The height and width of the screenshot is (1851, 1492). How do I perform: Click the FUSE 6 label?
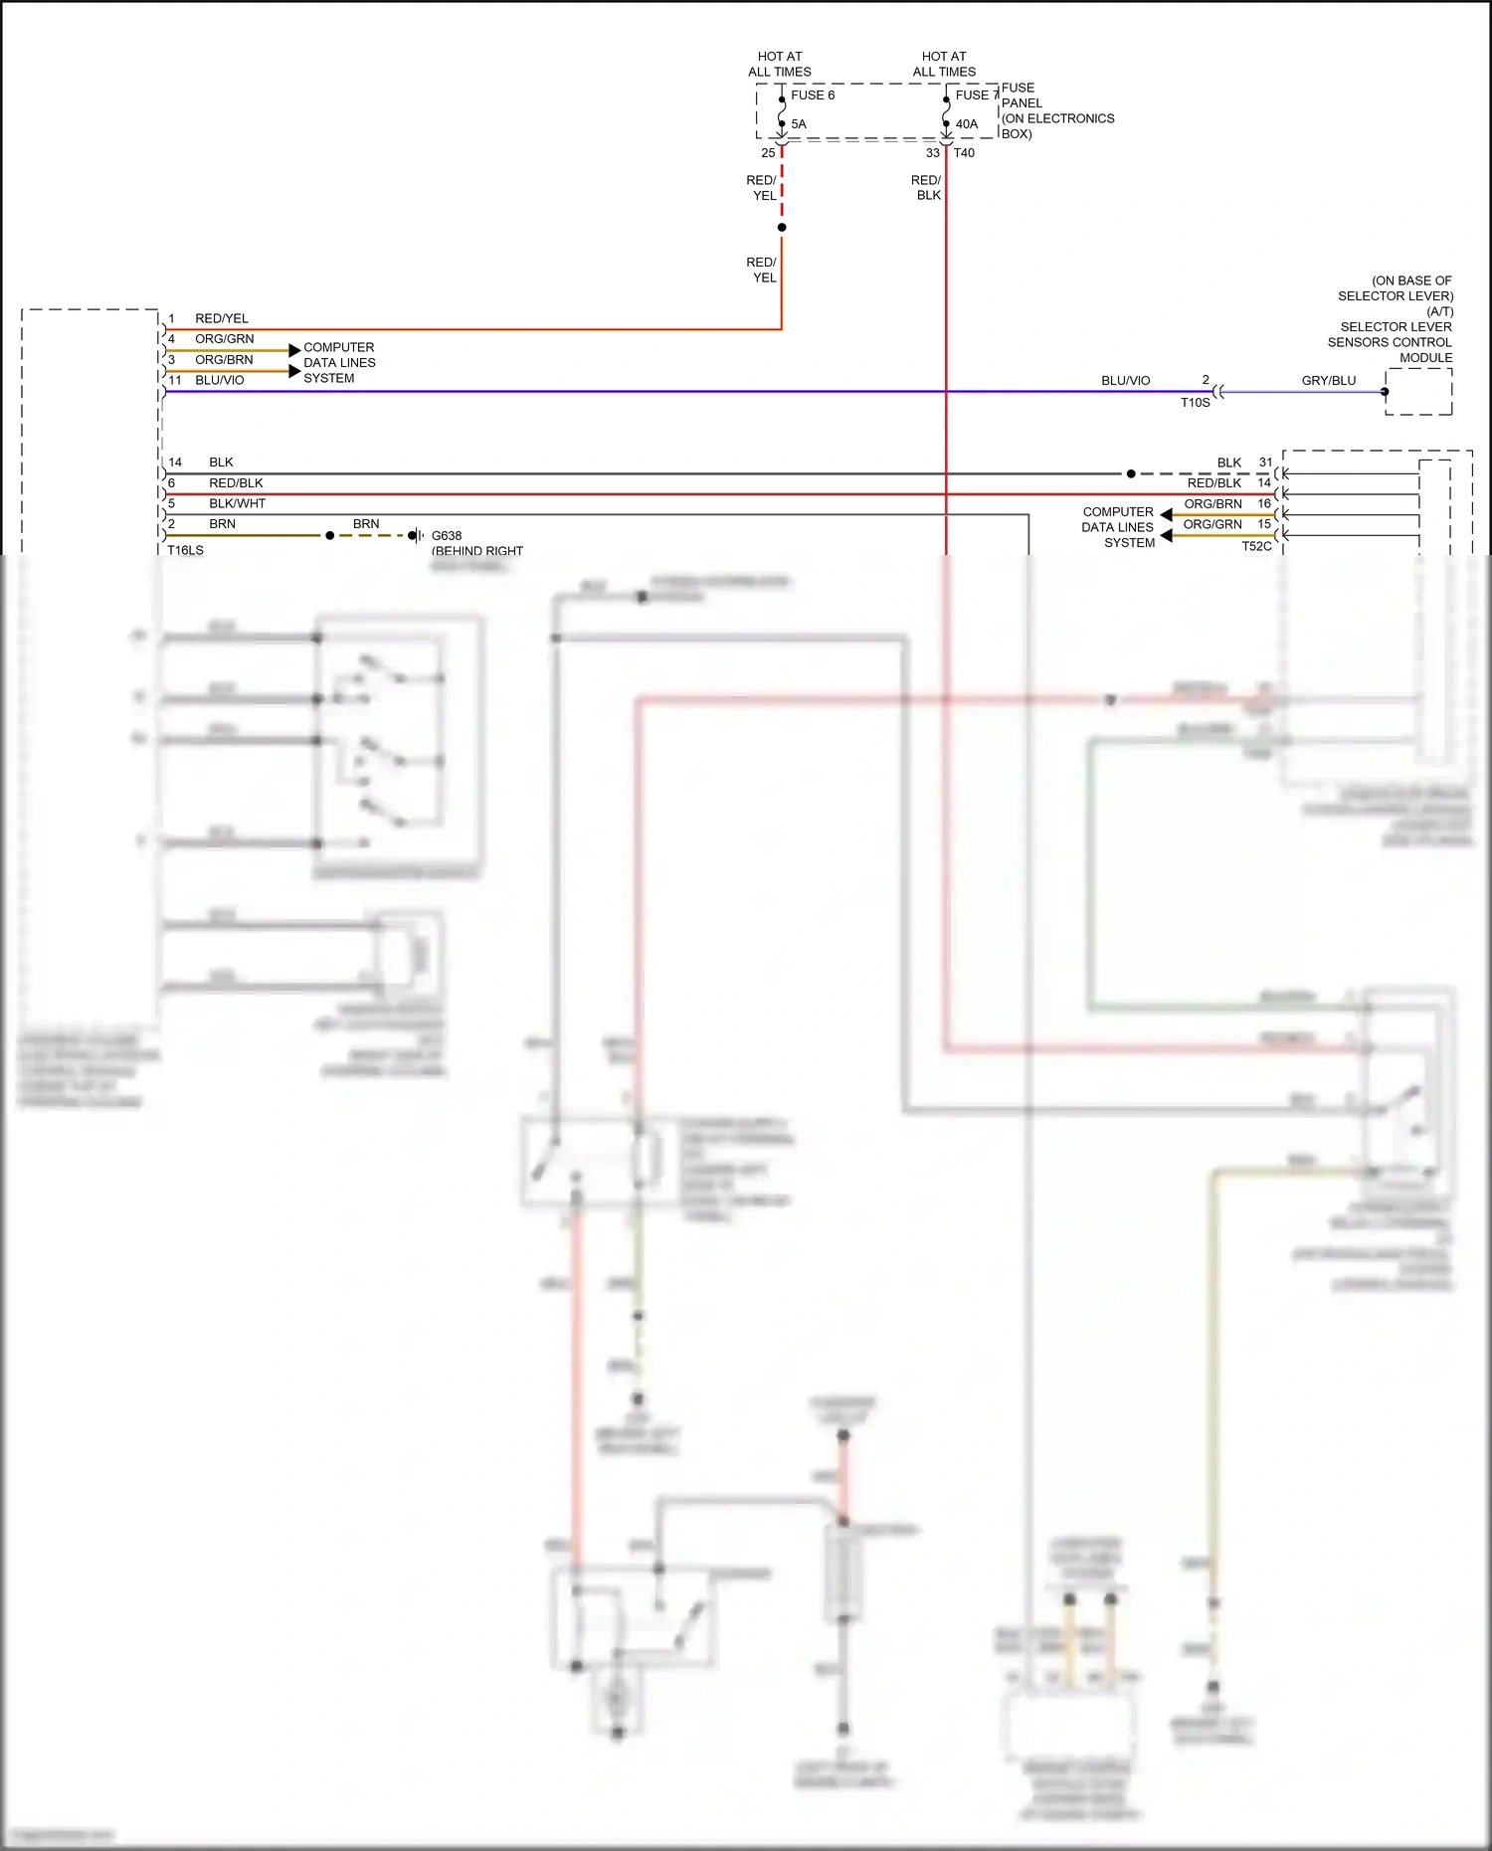click(x=812, y=95)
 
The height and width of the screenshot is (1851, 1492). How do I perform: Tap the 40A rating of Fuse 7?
click(x=966, y=124)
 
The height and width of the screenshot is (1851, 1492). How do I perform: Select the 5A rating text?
click(x=799, y=124)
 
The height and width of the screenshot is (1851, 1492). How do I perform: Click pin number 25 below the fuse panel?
click(x=768, y=153)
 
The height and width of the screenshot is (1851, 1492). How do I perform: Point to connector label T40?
click(x=964, y=153)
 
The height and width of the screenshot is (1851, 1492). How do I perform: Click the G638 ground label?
click(x=447, y=535)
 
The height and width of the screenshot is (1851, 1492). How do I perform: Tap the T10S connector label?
click(x=1195, y=403)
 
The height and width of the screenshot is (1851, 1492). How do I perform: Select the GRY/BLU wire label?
click(x=1328, y=381)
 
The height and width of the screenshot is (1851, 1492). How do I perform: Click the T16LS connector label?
click(x=185, y=550)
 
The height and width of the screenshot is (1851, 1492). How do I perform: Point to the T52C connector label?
click(x=1256, y=546)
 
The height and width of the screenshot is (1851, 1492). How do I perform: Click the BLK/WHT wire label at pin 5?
click(x=237, y=503)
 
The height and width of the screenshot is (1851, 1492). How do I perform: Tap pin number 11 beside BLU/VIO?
click(x=175, y=380)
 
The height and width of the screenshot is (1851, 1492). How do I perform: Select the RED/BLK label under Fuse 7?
click(x=927, y=188)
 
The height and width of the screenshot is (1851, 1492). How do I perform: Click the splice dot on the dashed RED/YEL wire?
click(x=782, y=228)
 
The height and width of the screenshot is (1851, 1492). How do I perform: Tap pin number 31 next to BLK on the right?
click(x=1265, y=463)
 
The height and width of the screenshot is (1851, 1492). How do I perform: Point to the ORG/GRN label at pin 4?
click(x=224, y=339)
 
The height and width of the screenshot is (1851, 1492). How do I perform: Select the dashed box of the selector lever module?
click(x=1419, y=392)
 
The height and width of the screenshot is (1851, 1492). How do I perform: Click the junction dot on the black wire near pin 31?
click(x=1131, y=473)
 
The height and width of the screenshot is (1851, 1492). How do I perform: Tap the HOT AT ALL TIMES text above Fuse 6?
click(x=780, y=65)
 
